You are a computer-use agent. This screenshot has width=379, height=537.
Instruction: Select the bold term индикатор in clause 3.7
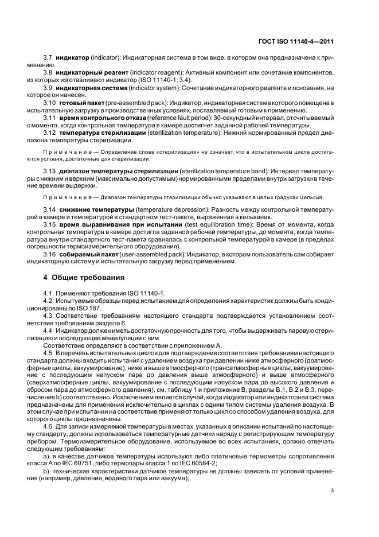72,59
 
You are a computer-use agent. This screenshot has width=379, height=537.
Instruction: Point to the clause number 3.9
48,88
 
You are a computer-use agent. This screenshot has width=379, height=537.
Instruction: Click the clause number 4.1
49,293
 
